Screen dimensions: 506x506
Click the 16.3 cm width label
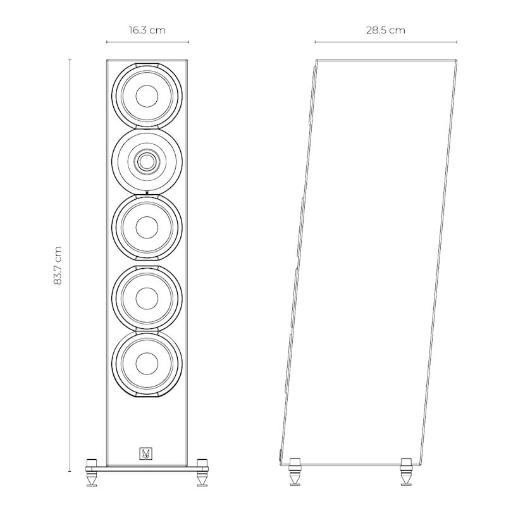coord(147,30)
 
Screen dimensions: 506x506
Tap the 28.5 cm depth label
coord(385,30)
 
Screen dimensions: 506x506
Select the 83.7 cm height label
coord(58,265)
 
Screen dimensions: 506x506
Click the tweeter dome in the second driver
coord(147,161)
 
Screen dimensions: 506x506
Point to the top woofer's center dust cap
coord(147,96)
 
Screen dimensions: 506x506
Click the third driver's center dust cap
coord(147,227)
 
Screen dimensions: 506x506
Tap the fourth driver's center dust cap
coord(147,298)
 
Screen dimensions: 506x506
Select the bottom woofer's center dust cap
coord(147,364)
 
